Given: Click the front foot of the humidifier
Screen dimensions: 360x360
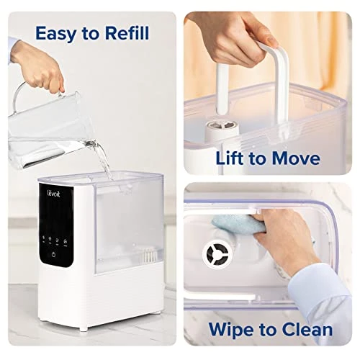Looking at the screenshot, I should click(x=84, y=328).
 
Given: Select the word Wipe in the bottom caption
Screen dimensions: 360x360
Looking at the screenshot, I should click(x=235, y=330).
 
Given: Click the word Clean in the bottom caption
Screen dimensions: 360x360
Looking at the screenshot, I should click(x=306, y=330).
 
